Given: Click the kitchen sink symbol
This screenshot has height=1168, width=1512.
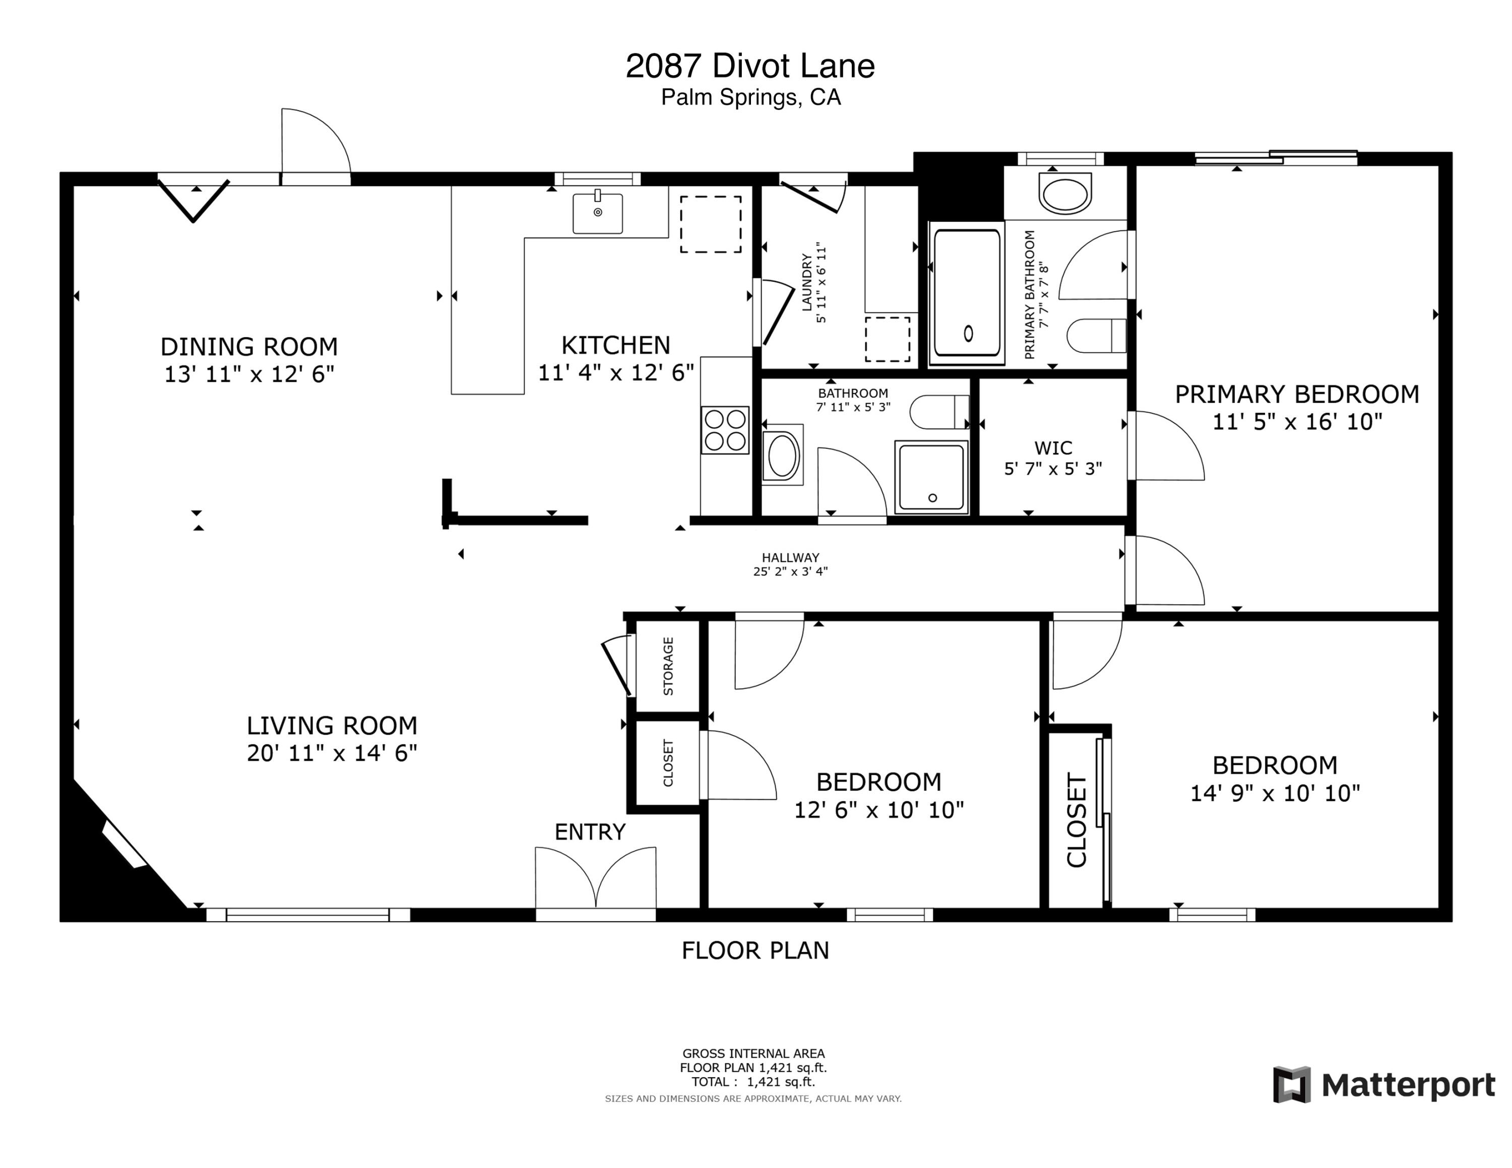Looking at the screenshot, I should [597, 213].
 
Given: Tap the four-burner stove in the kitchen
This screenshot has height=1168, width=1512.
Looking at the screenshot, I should [725, 430].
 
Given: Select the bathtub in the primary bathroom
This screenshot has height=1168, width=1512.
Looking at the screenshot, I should [967, 293].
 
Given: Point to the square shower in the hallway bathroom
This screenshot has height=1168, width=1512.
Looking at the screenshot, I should [931, 478].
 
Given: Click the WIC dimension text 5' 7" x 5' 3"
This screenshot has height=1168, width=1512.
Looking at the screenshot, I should [1053, 469].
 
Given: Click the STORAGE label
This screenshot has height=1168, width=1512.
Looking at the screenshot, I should [668, 666].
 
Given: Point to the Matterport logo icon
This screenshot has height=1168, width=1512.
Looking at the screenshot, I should [1292, 1084].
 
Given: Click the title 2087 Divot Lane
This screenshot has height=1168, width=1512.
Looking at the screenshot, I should [750, 67].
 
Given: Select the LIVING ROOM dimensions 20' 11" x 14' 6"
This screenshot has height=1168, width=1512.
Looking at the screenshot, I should [332, 753].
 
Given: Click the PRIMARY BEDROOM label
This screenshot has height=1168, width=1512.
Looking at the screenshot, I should [1297, 395].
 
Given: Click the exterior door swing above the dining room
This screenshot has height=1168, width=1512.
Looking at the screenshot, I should [315, 145].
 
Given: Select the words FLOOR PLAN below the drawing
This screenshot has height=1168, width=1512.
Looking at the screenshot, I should [755, 951].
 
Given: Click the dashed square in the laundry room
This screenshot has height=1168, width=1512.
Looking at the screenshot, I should [887, 339].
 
